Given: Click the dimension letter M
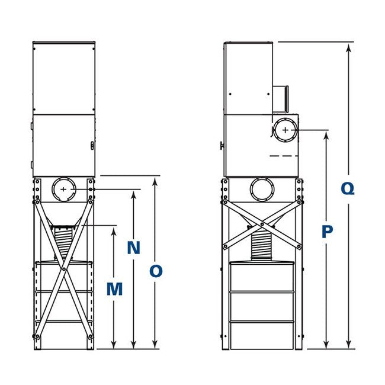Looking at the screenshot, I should click(x=114, y=290).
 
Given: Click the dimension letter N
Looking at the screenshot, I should click(x=134, y=248).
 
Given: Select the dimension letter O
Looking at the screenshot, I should click(x=155, y=271).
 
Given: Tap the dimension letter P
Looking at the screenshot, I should click(x=327, y=232).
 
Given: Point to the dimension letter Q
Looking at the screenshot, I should click(x=349, y=189).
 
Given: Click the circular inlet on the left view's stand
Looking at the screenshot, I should click(x=64, y=190).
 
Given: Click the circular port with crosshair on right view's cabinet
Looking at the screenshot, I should click(x=285, y=130).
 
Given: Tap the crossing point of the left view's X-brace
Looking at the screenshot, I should click(x=63, y=269).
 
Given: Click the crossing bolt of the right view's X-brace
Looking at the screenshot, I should click(x=262, y=224).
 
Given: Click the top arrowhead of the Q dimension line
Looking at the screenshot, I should click(x=349, y=46).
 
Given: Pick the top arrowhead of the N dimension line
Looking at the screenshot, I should click(x=134, y=194).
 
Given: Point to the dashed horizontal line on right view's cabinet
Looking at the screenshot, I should click(x=283, y=155).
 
